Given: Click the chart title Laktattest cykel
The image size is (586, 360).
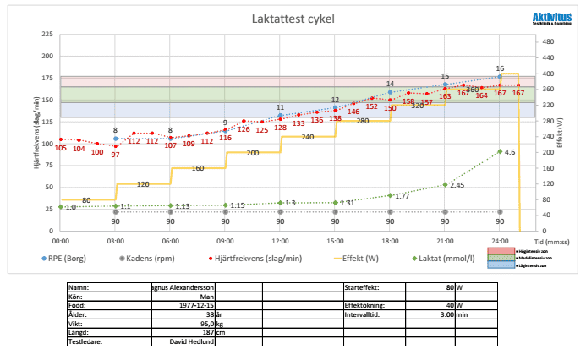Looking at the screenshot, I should click(x=293, y=19).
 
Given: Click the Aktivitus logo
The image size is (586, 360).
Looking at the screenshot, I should click(x=549, y=19).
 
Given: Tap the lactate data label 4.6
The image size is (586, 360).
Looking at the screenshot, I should click(x=510, y=152).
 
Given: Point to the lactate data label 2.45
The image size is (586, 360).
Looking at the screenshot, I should click(x=457, y=184).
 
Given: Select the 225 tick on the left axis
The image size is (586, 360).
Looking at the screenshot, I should click(x=47, y=35).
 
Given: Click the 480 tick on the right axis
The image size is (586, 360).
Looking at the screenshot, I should click(x=549, y=41).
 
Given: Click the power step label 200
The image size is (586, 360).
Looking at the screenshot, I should click(x=252, y=153).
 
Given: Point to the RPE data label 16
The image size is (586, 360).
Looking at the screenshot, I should click(x=500, y=68).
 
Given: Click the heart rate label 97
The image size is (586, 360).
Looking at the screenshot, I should click(x=115, y=155).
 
